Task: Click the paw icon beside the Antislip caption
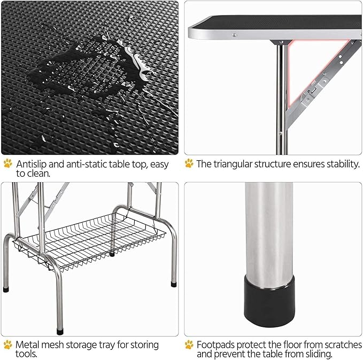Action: coord(8,163)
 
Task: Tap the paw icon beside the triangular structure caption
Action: coord(189,163)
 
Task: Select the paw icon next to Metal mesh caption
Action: coord(8,345)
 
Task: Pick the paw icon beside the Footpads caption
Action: coord(189,345)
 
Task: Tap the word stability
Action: coord(340,164)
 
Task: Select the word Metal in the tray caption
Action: coord(29,345)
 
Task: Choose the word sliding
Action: coord(316,354)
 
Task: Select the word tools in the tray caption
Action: coord(27,354)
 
